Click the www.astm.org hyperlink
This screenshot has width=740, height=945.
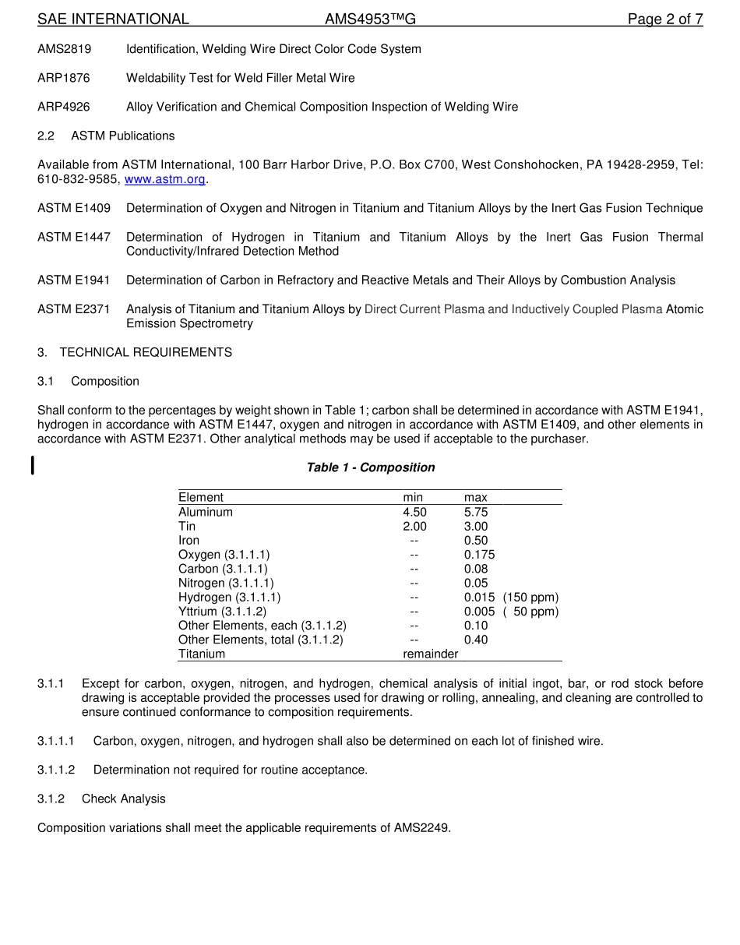pyautogui.click(x=165, y=179)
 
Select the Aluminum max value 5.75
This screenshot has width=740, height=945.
pyautogui.click(x=476, y=512)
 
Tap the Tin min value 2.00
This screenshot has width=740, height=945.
pyautogui.click(x=414, y=526)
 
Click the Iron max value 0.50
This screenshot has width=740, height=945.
pyautogui.click(x=476, y=540)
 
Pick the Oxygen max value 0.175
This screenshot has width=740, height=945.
pyautogui.click(x=479, y=555)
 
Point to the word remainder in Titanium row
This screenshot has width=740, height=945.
pyautogui.click(x=430, y=654)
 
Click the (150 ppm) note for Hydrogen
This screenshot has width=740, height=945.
pyautogui.click(x=530, y=597)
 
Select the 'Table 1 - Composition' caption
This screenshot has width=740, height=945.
pyautogui.click(x=370, y=467)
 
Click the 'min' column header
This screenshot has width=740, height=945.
pyautogui.click(x=413, y=497)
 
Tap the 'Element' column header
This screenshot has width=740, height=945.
pyautogui.click(x=200, y=497)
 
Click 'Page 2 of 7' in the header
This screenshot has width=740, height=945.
pyautogui.click(x=665, y=19)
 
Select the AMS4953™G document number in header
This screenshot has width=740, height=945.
pyautogui.click(x=370, y=19)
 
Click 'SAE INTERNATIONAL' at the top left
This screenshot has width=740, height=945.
pyautogui.click(x=113, y=19)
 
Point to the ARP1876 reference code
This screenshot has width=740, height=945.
pyautogui.click(x=64, y=78)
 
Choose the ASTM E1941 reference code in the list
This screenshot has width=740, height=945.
pyautogui.click(x=74, y=280)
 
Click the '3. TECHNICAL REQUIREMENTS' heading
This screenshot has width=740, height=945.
pyautogui.click(x=135, y=352)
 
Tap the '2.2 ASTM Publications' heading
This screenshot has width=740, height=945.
pyautogui.click(x=106, y=136)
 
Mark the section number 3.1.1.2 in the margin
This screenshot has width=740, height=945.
pyautogui.click(x=56, y=770)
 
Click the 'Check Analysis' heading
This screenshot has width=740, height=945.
pyautogui.click(x=123, y=799)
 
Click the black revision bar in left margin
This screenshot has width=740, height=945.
pyautogui.click(x=32, y=466)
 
